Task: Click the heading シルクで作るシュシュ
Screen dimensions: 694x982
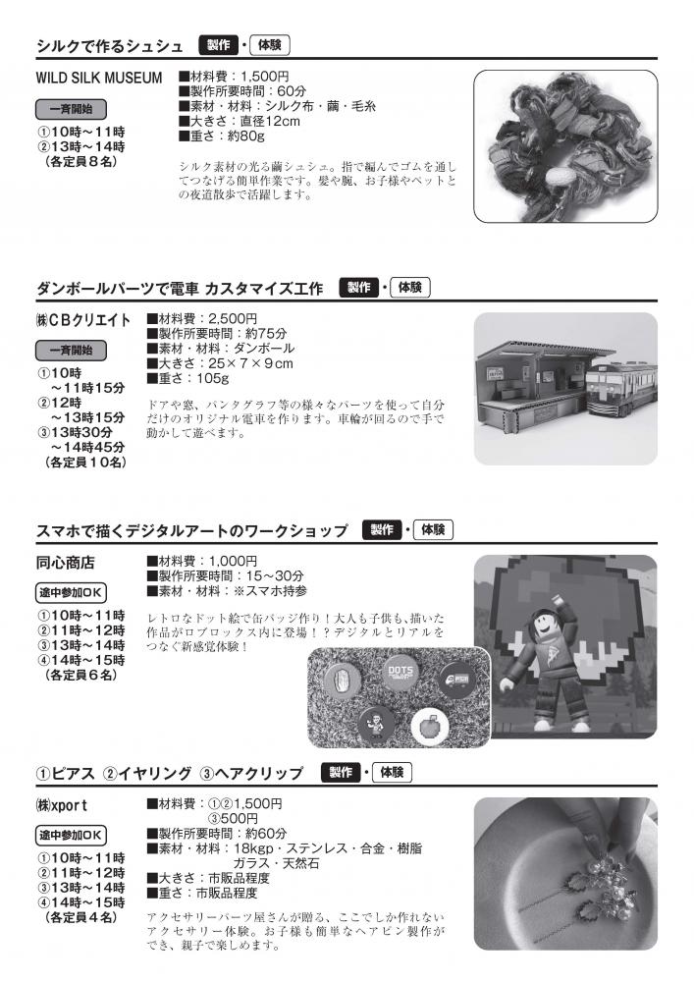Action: point(110,46)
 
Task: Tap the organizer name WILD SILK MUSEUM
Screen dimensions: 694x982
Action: point(99,79)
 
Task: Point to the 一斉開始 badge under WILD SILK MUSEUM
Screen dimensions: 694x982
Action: point(71,109)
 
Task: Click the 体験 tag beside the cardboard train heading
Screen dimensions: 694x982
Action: point(410,288)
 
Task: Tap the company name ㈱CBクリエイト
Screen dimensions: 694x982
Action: point(83,320)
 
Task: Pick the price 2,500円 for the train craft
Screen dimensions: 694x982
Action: point(233,319)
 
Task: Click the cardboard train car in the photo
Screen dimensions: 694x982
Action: point(620,389)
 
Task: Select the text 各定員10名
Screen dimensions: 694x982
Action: point(85,463)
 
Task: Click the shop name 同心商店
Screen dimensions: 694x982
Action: point(65,563)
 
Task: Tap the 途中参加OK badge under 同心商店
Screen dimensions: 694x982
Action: point(71,592)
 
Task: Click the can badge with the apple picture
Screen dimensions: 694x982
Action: point(430,728)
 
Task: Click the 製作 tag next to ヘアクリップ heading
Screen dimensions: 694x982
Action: point(341,772)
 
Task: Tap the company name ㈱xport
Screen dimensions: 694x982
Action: point(62,805)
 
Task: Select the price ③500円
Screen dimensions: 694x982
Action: point(233,819)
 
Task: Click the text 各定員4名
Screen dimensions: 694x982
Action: point(81,917)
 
